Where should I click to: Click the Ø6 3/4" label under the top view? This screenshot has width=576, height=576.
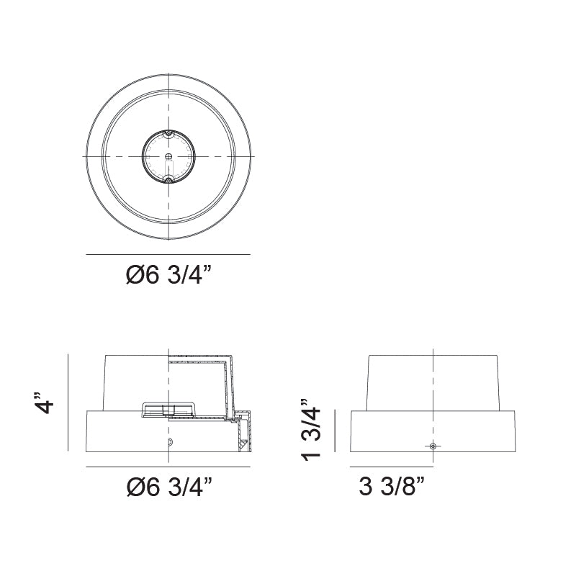coord(169,276)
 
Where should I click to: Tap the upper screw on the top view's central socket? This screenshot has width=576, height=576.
coord(168,133)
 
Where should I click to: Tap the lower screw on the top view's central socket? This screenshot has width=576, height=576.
coord(168,179)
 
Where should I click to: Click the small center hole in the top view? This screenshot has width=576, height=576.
coord(168,157)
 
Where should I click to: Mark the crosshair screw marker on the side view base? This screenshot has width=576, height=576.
coord(432,446)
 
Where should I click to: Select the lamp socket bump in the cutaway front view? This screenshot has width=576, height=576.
coord(168,410)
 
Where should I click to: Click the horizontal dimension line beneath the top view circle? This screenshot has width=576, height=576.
coord(168,255)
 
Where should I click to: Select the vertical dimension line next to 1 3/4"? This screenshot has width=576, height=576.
coord(336,431)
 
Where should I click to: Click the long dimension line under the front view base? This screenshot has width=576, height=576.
coord(168,467)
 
